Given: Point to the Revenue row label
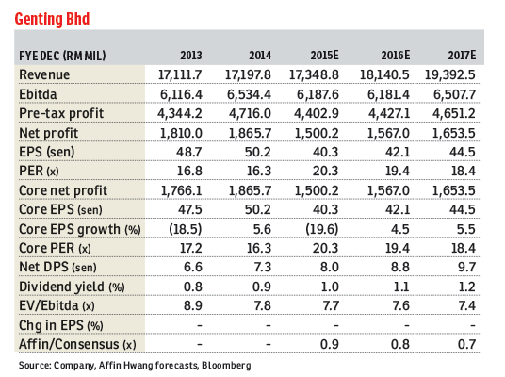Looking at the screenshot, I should pos(46,74).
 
